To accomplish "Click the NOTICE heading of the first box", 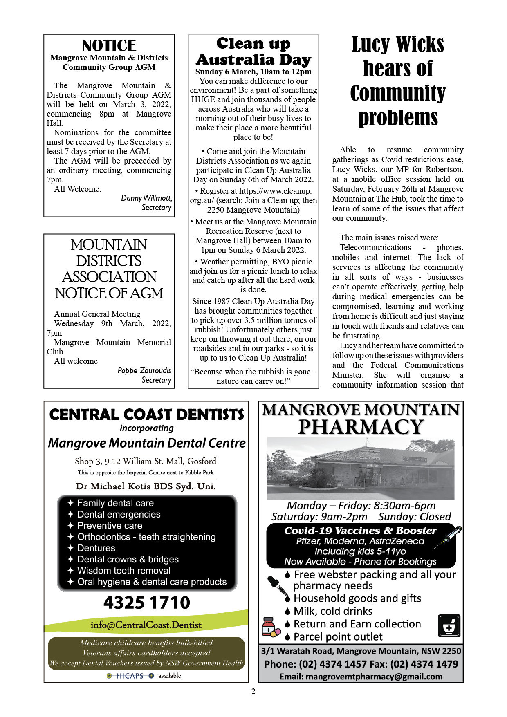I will pyautogui.click(x=109, y=45).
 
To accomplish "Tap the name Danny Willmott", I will pyautogui.click(x=146, y=198).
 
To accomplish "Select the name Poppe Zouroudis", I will pyautogui.click(x=144, y=371).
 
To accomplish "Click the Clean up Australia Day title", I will pyautogui.click(x=253, y=52).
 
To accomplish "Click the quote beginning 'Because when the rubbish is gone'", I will pyautogui.click(x=253, y=376).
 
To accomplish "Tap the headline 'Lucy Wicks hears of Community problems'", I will pyautogui.click(x=398, y=81).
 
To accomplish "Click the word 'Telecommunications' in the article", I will pyautogui.click(x=375, y=247).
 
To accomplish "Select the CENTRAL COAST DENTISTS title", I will pyautogui.click(x=146, y=415).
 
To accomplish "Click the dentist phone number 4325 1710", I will pyautogui.click(x=146, y=603).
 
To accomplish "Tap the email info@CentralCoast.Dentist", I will pyautogui.click(x=146, y=625).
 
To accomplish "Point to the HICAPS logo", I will pyautogui.click(x=130, y=676).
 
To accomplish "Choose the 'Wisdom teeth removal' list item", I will pyautogui.click(x=123, y=571).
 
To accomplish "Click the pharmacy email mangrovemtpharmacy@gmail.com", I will pyautogui.click(x=361, y=677).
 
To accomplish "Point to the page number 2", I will pyautogui.click(x=253, y=691).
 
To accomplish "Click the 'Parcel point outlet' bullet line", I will pyautogui.click(x=338, y=637).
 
